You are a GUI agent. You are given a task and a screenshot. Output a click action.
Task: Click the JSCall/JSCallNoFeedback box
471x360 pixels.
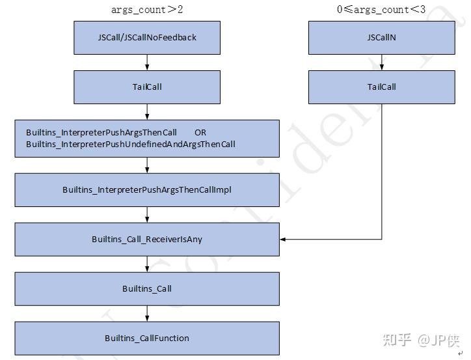pyautogui.click(x=147, y=37)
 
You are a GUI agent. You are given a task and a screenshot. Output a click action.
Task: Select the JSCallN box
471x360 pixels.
pyautogui.click(x=381, y=37)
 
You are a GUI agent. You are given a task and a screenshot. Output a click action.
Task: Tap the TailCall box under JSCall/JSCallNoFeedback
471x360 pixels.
pyautogui.click(x=147, y=87)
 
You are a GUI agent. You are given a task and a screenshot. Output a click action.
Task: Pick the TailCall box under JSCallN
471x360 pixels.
pyautogui.click(x=381, y=87)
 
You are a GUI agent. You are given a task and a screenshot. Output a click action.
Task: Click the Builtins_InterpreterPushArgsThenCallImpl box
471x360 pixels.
pyautogui.click(x=147, y=190)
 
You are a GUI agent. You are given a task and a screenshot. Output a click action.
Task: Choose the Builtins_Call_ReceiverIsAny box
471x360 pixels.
pyautogui.click(x=147, y=240)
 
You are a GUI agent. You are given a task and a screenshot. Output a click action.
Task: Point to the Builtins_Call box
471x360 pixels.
pyautogui.click(x=147, y=288)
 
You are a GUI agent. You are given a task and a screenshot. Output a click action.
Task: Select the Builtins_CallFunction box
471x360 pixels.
pyautogui.click(x=147, y=338)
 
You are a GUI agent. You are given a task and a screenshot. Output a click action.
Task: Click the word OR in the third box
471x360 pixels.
pyautogui.click(x=200, y=133)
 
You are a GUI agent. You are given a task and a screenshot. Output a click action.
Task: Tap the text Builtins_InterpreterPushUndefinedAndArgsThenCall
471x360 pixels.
pyautogui.click(x=130, y=144)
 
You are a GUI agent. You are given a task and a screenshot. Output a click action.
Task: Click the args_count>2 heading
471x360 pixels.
pyautogui.click(x=147, y=9)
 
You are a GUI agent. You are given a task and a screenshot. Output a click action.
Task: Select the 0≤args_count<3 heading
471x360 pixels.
pyautogui.click(x=381, y=9)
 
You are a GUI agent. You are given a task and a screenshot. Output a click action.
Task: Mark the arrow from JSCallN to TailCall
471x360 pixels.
pyautogui.click(x=382, y=62)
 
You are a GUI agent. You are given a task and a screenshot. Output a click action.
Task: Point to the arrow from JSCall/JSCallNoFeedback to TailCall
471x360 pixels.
pyautogui.click(x=148, y=62)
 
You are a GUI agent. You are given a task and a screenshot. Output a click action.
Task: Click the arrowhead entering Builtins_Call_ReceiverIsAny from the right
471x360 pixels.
pyautogui.click(x=284, y=240)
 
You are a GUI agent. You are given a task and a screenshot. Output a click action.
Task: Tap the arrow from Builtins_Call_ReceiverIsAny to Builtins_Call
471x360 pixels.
pyautogui.click(x=148, y=264)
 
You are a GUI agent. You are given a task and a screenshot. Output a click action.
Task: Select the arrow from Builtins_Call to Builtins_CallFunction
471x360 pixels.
pyautogui.click(x=148, y=314)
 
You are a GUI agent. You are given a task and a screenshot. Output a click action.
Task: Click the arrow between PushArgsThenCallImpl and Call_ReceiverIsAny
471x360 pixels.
pyautogui.click(x=148, y=215)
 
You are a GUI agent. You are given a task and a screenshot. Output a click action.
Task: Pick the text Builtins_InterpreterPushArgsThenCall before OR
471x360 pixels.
pyautogui.click(x=101, y=133)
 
